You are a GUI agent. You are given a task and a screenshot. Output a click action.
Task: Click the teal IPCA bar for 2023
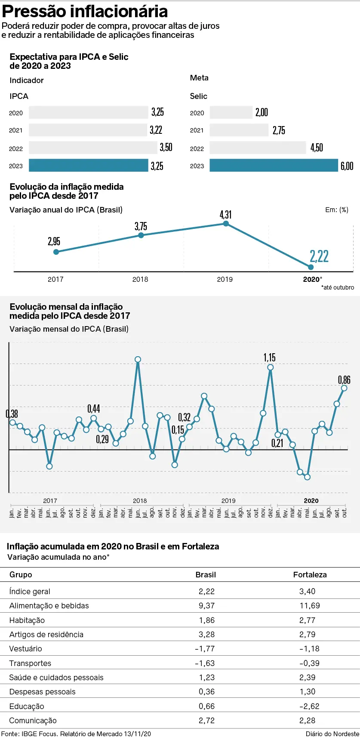point(88,165)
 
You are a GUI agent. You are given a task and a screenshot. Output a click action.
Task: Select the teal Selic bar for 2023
point(274,165)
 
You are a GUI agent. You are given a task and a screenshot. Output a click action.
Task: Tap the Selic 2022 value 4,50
point(317,148)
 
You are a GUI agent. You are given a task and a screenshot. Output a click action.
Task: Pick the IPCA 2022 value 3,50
point(166,148)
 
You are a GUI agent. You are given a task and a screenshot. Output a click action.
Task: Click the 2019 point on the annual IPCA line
point(226,223)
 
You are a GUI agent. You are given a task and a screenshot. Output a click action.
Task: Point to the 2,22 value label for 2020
point(319,256)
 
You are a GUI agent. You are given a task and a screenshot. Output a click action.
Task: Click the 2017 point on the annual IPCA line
point(56,252)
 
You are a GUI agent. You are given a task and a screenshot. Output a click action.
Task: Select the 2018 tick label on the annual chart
point(140,280)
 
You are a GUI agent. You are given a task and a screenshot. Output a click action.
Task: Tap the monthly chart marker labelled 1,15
point(270,367)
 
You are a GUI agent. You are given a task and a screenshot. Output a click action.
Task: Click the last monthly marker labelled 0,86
point(344,388)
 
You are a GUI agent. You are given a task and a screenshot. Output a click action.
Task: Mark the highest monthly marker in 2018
point(138,359)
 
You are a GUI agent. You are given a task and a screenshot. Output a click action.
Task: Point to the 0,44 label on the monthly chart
point(93,409)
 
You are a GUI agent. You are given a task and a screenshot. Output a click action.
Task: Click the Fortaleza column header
point(310,575)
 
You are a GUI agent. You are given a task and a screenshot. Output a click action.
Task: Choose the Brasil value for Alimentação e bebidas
point(206,606)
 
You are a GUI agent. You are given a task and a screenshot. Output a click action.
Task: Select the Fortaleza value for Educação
point(309,706)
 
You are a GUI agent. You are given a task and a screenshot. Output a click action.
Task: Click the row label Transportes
point(30,663)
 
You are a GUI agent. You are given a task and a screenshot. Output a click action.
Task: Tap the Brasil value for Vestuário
point(205,649)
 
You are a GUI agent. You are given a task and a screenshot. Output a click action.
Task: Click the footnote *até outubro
point(338,287)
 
